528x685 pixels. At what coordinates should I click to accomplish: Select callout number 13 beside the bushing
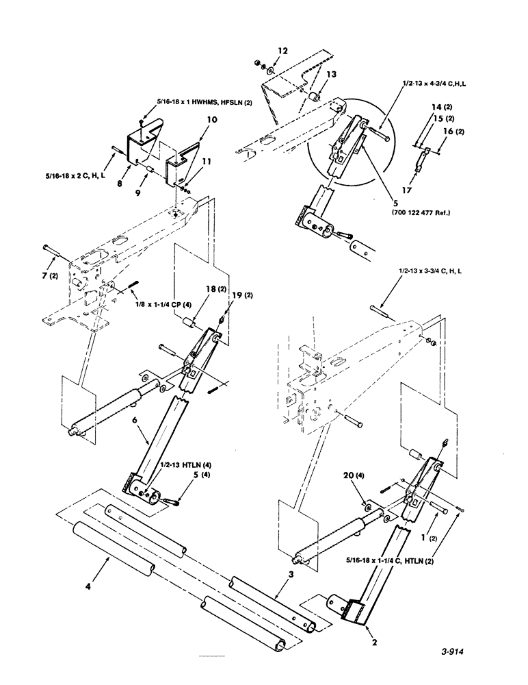[331, 74]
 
